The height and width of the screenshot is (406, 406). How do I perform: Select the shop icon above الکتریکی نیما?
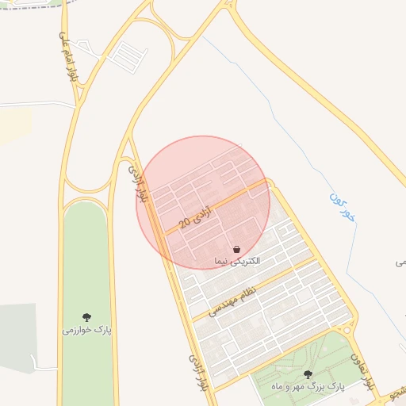coord(237,248)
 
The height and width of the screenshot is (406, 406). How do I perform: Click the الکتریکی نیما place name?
coord(237,260)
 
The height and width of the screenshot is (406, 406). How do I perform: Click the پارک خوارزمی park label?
coord(87,329)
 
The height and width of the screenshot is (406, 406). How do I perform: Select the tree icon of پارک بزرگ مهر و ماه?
coord(308,373)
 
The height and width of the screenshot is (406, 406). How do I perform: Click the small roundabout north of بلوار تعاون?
coord(343,327)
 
